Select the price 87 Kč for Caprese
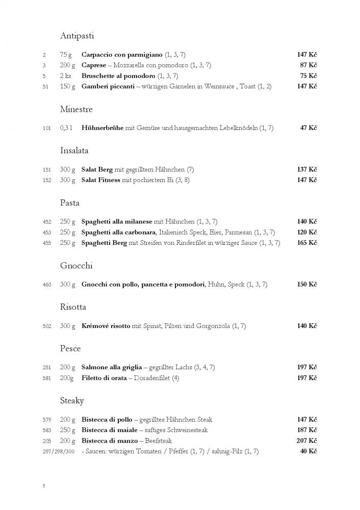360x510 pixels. (x=307, y=65)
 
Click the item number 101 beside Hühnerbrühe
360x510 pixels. (x=46, y=128)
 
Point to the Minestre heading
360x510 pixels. (x=76, y=109)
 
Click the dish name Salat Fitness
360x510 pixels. (x=101, y=180)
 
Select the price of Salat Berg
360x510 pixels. (x=307, y=169)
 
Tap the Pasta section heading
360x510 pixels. (x=70, y=202)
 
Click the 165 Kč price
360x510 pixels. (x=307, y=243)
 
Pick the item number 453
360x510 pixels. (x=46, y=233)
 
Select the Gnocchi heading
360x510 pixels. (x=76, y=266)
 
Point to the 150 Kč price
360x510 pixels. (x=307, y=284)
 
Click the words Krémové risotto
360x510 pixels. (x=106, y=326)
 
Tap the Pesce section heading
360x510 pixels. (x=70, y=349)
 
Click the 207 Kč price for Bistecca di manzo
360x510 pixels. (x=307, y=441)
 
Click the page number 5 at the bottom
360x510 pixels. (x=44, y=486)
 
